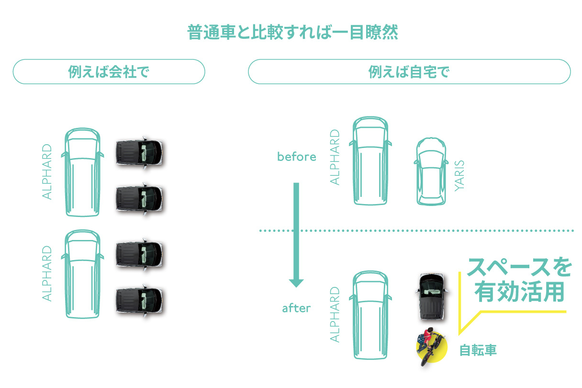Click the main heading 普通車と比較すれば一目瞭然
pos(292,32)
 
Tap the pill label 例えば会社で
pos(109,72)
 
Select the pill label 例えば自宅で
pos(409,72)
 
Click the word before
pos(296,157)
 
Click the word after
pos(296,308)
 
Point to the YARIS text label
pos(459,176)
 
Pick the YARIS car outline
pos(431,171)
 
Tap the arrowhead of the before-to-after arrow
pos(296,283)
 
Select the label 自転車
pos(478,350)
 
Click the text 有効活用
pos(519,292)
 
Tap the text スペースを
pos(519,267)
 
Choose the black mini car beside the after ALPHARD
pos(431,297)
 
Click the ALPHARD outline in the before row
pos(370,161)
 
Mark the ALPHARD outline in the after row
pos(370,315)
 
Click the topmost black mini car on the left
pos(140,153)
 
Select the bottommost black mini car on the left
pos(140,301)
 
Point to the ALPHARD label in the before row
pos(335,157)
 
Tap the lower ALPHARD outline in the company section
pos(83,274)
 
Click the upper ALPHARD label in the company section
pos(47,172)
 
